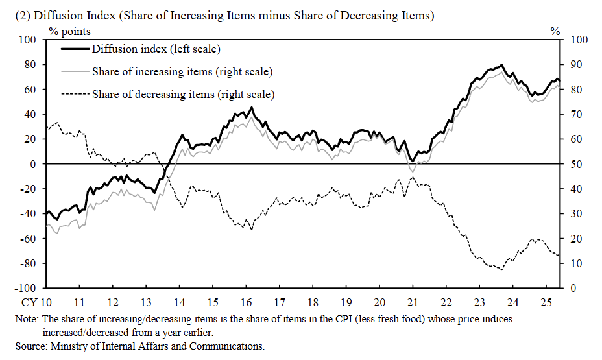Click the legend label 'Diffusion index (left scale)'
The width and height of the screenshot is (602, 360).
(x=156, y=49)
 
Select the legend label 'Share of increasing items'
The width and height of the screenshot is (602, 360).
(x=182, y=71)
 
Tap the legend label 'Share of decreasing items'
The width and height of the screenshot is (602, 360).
(x=183, y=95)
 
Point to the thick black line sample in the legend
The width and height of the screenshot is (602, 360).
(x=75, y=49)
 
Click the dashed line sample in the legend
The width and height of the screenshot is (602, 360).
(x=75, y=95)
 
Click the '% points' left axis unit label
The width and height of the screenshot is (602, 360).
(x=69, y=31)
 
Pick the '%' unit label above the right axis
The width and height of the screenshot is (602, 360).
(x=555, y=31)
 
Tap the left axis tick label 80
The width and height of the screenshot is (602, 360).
(x=29, y=65)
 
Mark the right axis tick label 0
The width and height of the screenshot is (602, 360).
(x=572, y=288)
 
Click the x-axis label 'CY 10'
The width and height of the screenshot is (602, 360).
(x=37, y=302)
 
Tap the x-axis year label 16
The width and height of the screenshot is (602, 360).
(x=247, y=302)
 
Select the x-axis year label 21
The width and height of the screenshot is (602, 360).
(x=413, y=302)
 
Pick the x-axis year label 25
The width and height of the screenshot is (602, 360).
(x=547, y=302)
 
